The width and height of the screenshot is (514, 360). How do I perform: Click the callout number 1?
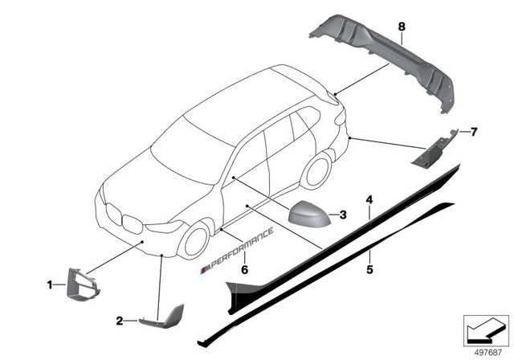tap(50, 284)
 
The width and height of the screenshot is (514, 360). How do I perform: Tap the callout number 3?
tap(343, 215)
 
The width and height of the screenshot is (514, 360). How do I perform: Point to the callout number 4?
tap(369, 198)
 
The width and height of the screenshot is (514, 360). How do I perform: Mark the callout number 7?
tap(474, 130)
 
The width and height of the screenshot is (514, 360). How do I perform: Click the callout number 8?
tap(402, 27)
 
